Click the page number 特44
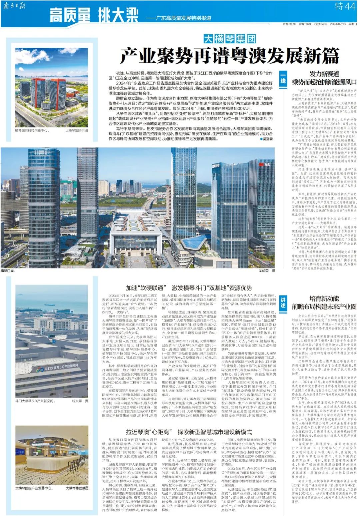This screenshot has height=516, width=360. tap(345, 6)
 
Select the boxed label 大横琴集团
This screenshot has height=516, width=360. tap(230, 39)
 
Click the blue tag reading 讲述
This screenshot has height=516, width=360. tap(283, 303)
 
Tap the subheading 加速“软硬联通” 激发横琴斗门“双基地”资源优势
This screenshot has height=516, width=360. tap(189, 288)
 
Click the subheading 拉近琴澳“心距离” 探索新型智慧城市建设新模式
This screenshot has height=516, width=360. tap(189, 432)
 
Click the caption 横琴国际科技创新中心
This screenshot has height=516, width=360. tap(32, 130)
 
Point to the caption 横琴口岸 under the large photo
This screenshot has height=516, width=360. tap(8, 271)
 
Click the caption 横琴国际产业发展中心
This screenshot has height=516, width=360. tap(34, 488)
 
